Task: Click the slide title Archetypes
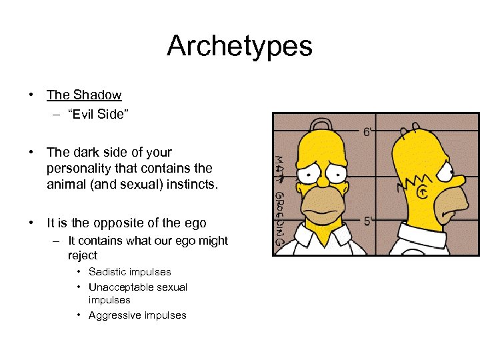(x=239, y=46)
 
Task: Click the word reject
(x=82, y=255)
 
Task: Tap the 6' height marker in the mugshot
(x=367, y=131)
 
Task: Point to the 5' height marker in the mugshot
(x=367, y=221)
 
